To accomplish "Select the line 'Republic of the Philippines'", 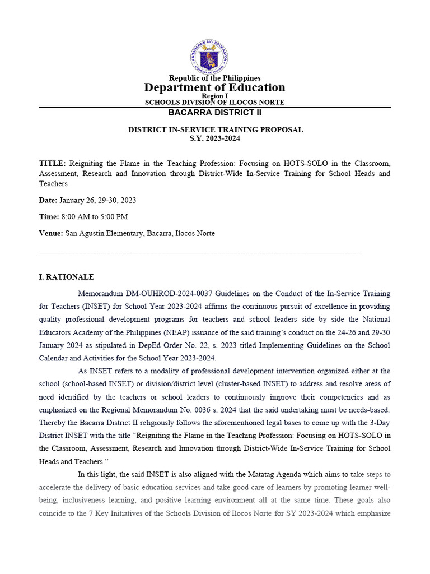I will tap(214, 78).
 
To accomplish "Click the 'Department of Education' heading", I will tap(214, 87).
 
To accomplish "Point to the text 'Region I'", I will tap(214, 96).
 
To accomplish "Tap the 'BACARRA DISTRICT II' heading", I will tap(214, 113).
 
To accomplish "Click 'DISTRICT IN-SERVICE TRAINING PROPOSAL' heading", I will tap(216, 129).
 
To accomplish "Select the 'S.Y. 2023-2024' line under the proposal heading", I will tap(216, 138).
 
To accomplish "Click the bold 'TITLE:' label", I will tap(52, 163).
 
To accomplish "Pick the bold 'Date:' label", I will tap(48, 200).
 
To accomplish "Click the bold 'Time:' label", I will tap(49, 216).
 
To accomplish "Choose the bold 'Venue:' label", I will tap(51, 233).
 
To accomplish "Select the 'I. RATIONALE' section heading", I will tap(66, 277).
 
